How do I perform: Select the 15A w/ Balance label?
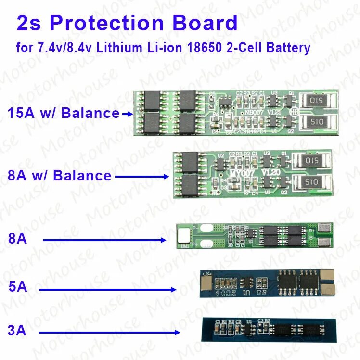pos(64,113)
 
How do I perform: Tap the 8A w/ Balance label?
pos(60,176)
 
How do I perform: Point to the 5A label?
pos(18,288)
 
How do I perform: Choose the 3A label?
pos(17,331)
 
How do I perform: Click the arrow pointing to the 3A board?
pos(109,332)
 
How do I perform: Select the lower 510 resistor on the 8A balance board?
pos(311,181)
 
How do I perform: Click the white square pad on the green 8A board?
pos(183,235)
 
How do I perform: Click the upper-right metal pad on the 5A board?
pos(328,274)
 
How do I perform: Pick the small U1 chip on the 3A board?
pos(249,328)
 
